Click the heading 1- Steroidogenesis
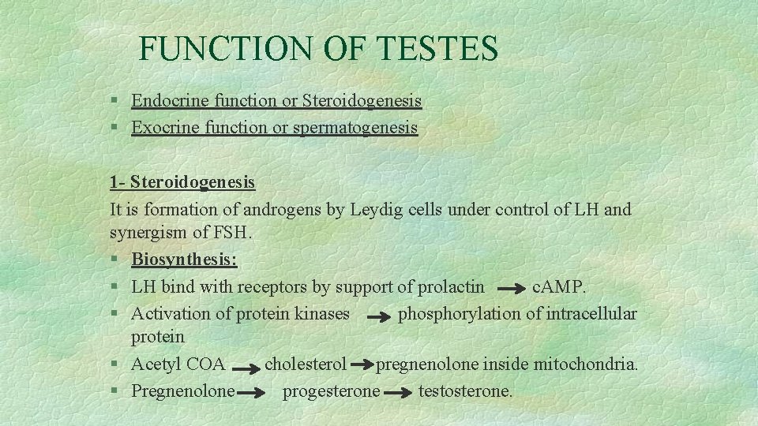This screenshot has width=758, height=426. pyautogui.click(x=182, y=182)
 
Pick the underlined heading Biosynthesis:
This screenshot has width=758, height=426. pyautogui.click(x=184, y=260)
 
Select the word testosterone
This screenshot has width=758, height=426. pyautogui.click(x=465, y=390)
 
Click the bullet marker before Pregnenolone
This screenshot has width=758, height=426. pyautogui.click(x=114, y=391)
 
